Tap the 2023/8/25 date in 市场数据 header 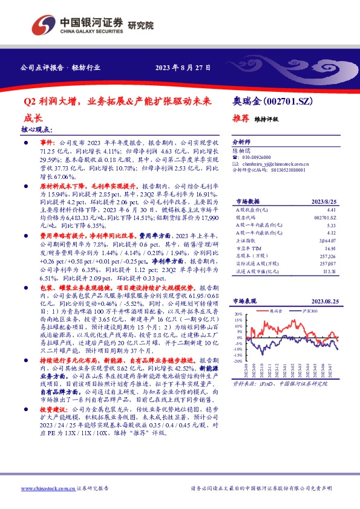tap(324, 201)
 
